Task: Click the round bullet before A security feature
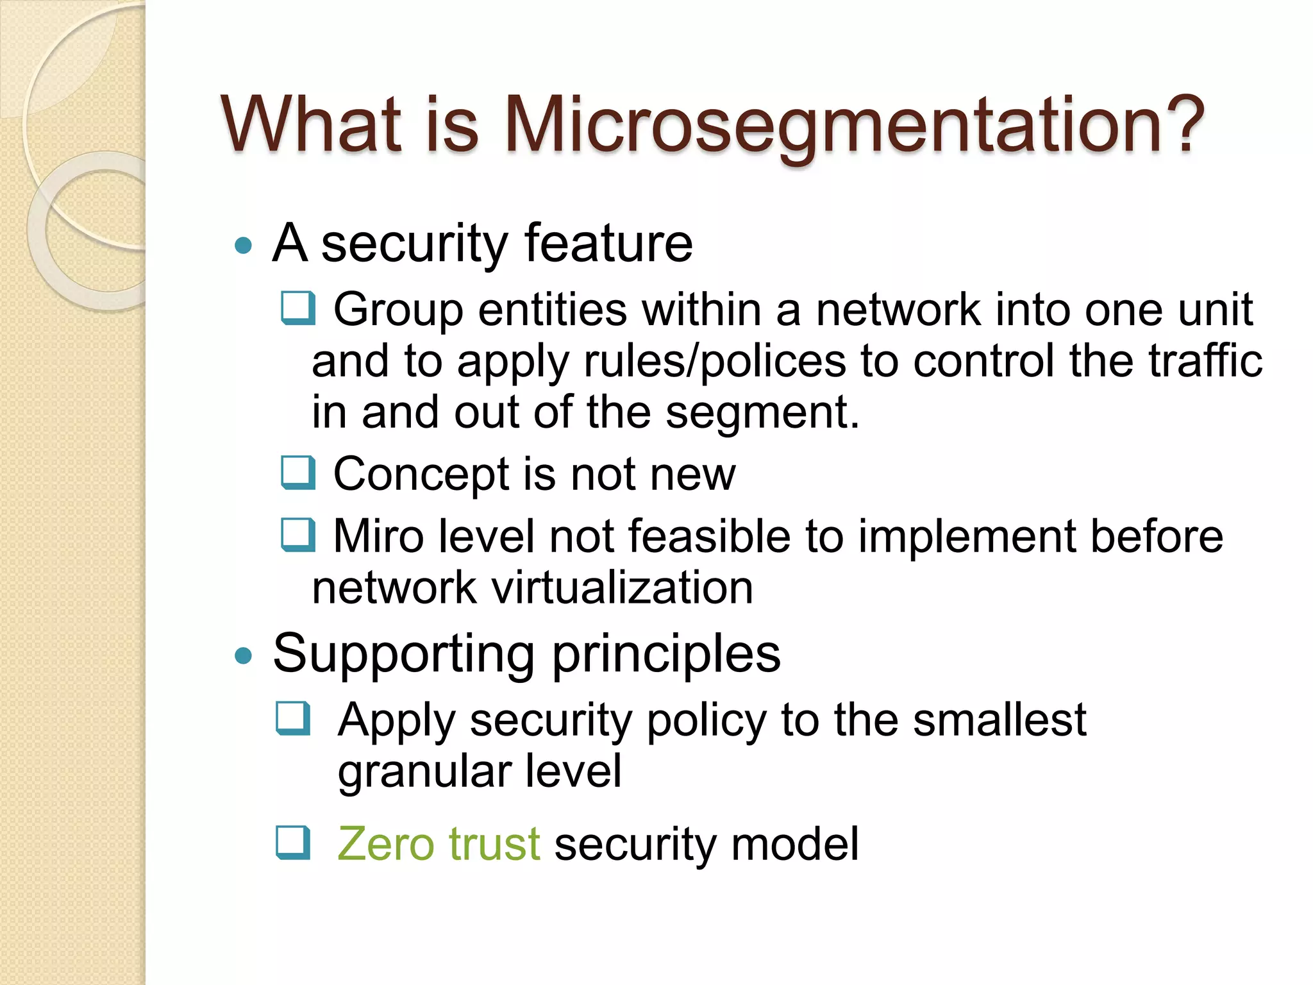[243, 246]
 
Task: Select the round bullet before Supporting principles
[243, 656]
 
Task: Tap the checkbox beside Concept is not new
[298, 473]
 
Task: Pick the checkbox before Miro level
[298, 535]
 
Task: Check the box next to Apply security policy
[294, 718]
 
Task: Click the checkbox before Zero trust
[294, 843]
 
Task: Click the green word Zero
[386, 844]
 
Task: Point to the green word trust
[494, 844]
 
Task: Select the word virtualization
[622, 588]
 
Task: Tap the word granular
[424, 772]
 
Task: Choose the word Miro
[378, 537]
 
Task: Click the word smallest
[999, 720]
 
